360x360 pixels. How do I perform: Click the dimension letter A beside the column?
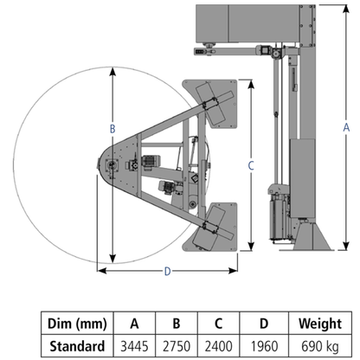pos(344,127)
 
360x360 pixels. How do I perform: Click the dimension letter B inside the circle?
pos(112,129)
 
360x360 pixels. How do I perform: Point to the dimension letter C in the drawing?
pos(250,163)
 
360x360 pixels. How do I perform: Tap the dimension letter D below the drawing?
pos(166,271)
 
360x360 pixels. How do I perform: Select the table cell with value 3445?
pos(134,345)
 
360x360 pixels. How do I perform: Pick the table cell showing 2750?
pos(176,345)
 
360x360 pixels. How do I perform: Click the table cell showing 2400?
pos(218,345)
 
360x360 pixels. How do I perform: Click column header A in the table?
pos(134,325)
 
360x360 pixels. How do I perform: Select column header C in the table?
pos(218,325)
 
